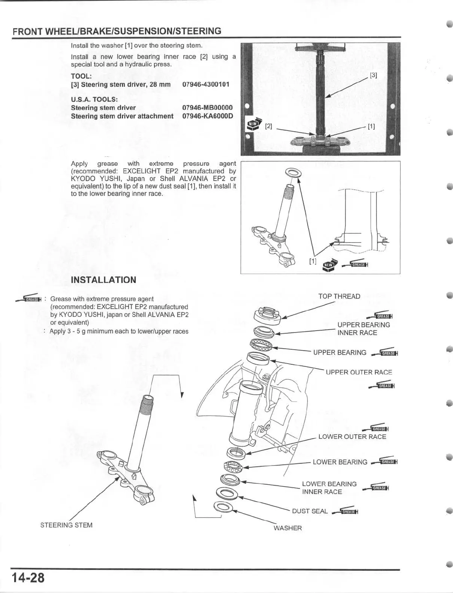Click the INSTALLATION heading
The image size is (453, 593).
pos(103,280)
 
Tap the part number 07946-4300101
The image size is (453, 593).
pos(206,84)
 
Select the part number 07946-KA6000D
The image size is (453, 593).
pos(207,116)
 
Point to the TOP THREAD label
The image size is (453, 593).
pos(339,296)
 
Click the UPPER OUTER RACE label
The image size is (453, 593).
pos(359,372)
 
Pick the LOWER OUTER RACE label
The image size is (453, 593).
pos(352,437)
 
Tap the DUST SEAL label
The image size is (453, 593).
pos(310,511)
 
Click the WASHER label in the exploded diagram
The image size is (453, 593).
pos(288,528)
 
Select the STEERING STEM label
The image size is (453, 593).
pos(66,525)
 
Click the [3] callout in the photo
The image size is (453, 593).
pos(373,75)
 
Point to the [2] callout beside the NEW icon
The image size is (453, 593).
pos(268,126)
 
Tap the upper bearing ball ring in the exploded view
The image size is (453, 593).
pos(261,343)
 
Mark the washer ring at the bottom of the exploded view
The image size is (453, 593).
pos(223,508)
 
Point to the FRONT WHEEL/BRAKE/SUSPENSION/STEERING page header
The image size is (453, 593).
pos(117,31)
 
